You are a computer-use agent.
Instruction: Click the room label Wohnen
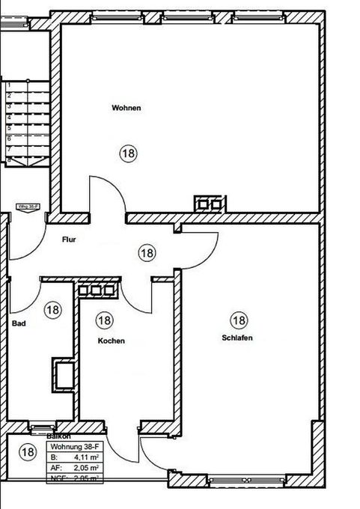[x=126, y=108]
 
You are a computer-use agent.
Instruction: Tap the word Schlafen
[x=237, y=338]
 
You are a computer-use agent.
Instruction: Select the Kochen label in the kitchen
[x=112, y=341]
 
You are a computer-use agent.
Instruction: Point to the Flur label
[x=69, y=240]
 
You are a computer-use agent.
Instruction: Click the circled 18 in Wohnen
[x=129, y=153]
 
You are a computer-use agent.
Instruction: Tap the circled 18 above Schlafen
[x=238, y=321]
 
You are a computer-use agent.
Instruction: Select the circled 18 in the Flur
[x=147, y=253]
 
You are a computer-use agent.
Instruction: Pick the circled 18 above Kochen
[x=105, y=320]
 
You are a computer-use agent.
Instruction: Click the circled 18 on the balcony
[x=28, y=451]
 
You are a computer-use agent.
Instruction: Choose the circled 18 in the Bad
[x=52, y=308]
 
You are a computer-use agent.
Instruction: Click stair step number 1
[x=9, y=86]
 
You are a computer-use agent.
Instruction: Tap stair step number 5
[x=9, y=128]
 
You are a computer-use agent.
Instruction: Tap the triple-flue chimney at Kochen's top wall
[x=97, y=289]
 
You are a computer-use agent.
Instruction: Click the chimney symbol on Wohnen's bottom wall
[x=209, y=202]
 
